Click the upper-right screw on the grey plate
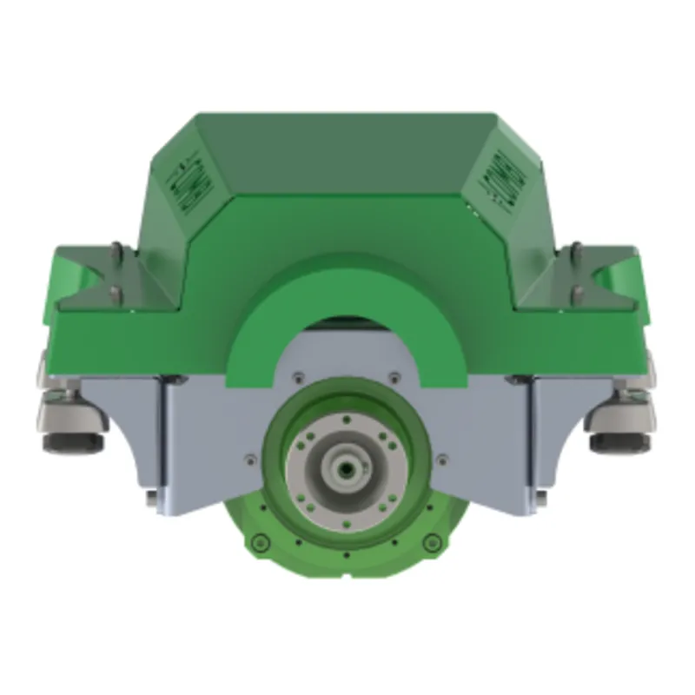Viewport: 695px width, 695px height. point(395,376)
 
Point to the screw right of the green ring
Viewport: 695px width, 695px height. point(443,459)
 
